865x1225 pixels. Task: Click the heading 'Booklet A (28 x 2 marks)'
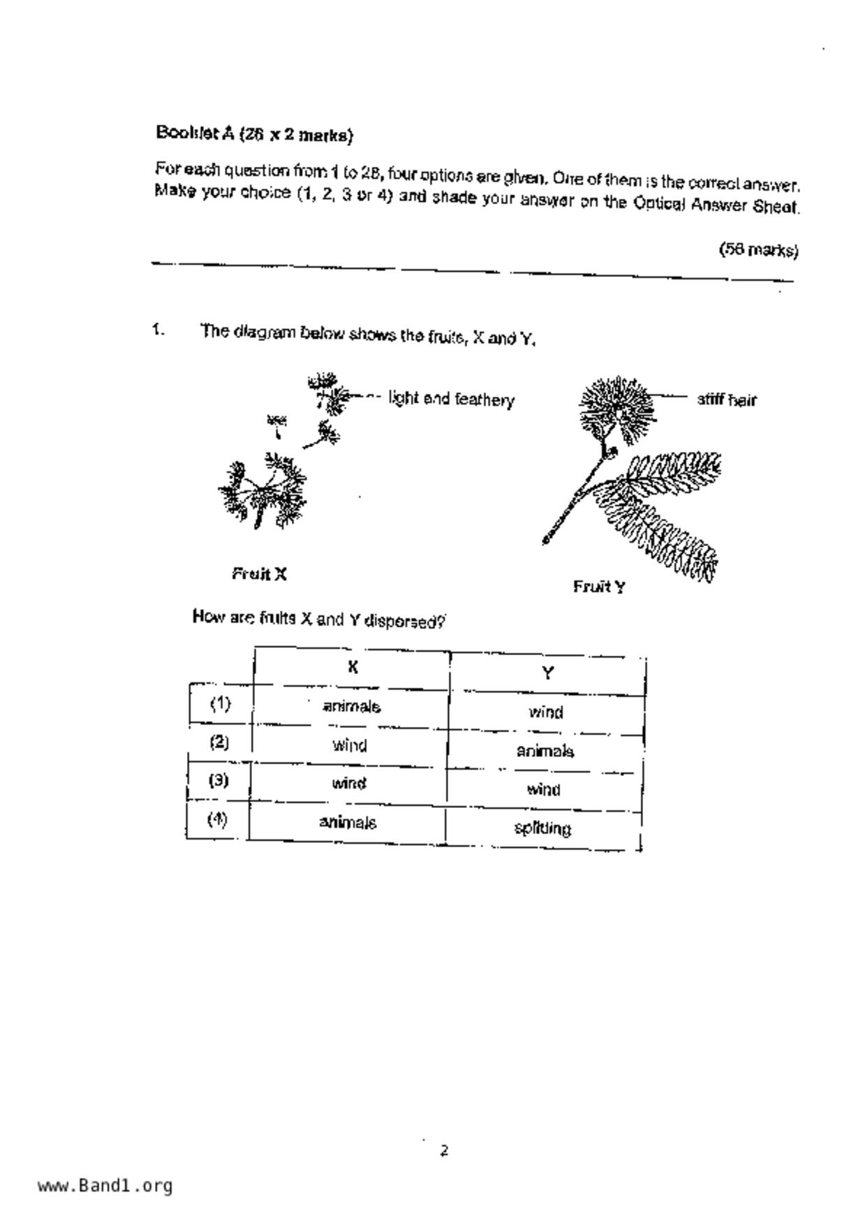pyautogui.click(x=254, y=133)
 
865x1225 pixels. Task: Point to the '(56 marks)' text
pyautogui.click(x=758, y=249)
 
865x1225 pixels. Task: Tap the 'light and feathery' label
pyautogui.click(x=451, y=399)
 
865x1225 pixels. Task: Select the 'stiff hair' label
pyautogui.click(x=726, y=399)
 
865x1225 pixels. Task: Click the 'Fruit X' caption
pyautogui.click(x=259, y=574)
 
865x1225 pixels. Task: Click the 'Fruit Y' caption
pyautogui.click(x=599, y=587)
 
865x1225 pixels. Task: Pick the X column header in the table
pyautogui.click(x=353, y=667)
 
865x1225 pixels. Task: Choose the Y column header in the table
pyautogui.click(x=547, y=673)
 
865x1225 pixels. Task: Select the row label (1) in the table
pyautogui.click(x=220, y=703)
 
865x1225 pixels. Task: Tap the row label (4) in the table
pyautogui.click(x=217, y=819)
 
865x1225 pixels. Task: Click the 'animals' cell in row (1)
pyautogui.click(x=351, y=706)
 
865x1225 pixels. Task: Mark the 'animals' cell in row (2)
pyautogui.click(x=545, y=751)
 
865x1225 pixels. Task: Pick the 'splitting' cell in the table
pyautogui.click(x=542, y=828)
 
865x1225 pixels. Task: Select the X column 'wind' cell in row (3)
pyautogui.click(x=348, y=783)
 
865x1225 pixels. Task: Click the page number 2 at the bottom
pyautogui.click(x=444, y=1150)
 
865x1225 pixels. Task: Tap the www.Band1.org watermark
pyautogui.click(x=105, y=1185)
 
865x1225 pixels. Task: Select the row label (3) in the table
pyautogui.click(x=219, y=780)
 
